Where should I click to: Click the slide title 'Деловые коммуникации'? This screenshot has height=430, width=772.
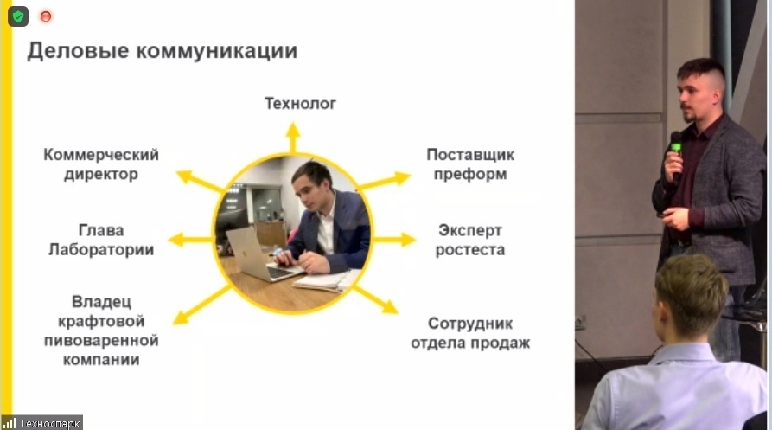pyautogui.click(x=162, y=51)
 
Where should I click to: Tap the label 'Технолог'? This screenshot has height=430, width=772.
pyautogui.click(x=300, y=105)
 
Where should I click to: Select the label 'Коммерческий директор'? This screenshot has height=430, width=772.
pyautogui.click(x=101, y=164)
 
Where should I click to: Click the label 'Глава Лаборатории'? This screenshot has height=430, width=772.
pyautogui.click(x=100, y=241)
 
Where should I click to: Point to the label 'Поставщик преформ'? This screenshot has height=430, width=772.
pyautogui.click(x=470, y=164)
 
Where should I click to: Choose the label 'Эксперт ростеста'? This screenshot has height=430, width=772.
pyautogui.click(x=470, y=241)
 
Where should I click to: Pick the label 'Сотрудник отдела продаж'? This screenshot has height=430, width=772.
pyautogui.click(x=470, y=333)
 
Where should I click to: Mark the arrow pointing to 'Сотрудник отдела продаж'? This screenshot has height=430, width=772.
pyautogui.click(x=377, y=299)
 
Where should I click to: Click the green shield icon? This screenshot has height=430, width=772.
pyautogui.click(x=18, y=16)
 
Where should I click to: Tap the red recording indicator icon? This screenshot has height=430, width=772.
pyautogui.click(x=46, y=16)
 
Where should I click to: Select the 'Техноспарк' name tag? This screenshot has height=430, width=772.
pyautogui.click(x=42, y=423)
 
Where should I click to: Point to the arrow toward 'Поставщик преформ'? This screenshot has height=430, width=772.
pyautogui.click(x=385, y=180)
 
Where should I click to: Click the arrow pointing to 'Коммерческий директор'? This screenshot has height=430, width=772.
pyautogui.click(x=200, y=181)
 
